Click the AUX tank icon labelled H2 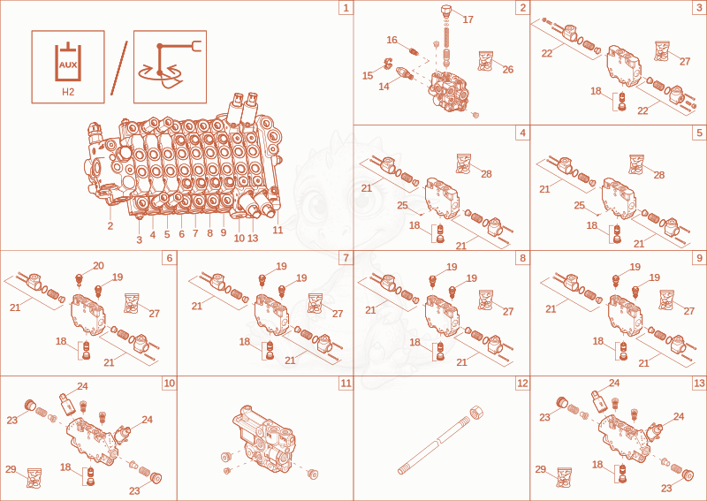(68, 67)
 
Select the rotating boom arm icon (170, 67)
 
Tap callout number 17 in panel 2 (468, 19)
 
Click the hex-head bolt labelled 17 (446, 11)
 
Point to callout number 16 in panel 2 (392, 40)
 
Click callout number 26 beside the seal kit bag (507, 70)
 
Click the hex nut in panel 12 (476, 413)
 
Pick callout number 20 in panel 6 (98, 266)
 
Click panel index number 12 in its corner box (522, 383)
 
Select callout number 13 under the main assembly (253, 238)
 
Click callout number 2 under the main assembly (110, 226)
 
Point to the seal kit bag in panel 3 (662, 51)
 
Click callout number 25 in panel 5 (580, 206)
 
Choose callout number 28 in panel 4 (486, 174)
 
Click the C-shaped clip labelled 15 (387, 64)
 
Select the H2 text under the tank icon (68, 92)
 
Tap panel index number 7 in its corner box (346, 258)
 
